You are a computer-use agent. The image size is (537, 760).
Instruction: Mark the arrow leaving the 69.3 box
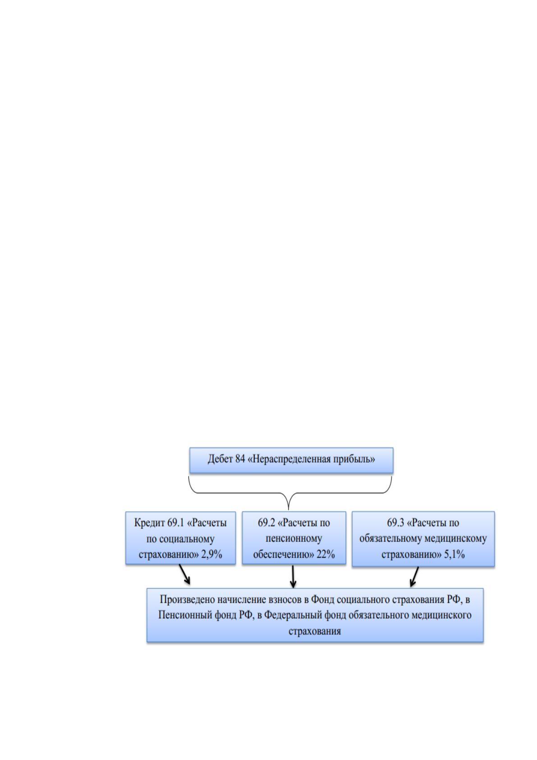tap(414, 576)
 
